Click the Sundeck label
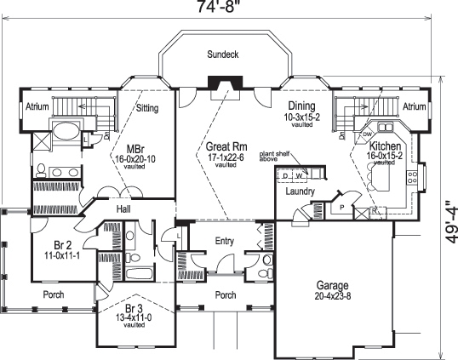[x=224, y=54]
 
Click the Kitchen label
[x=384, y=146]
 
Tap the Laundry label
[x=301, y=192]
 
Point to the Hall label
[x=123, y=207]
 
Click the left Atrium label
[x=36, y=107]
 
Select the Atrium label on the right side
[x=415, y=107]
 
